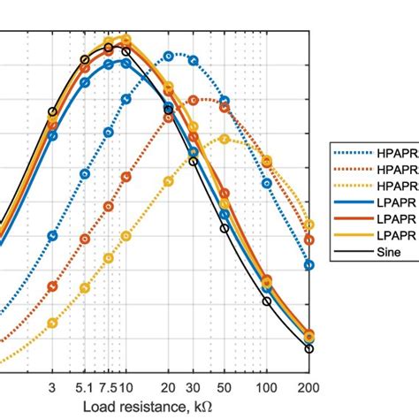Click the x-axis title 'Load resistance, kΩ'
tap(148, 406)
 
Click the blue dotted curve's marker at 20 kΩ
tap(169, 57)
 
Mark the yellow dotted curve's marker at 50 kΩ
tap(225, 139)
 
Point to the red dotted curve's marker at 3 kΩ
tap(52, 286)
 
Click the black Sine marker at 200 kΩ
tap(309, 349)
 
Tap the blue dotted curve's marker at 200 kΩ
tap(309, 264)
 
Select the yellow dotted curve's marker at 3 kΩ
tap(52, 323)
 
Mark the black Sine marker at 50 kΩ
tap(225, 228)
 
